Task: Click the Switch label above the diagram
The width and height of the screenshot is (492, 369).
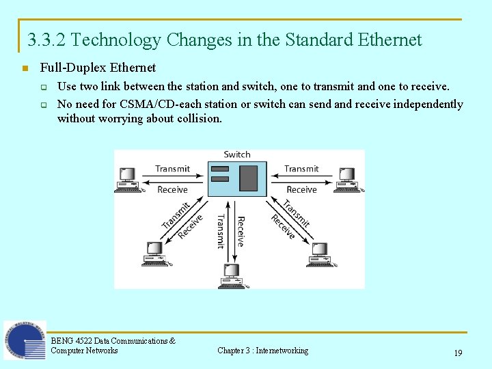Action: (237, 154)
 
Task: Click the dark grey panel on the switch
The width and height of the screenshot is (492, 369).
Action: (249, 178)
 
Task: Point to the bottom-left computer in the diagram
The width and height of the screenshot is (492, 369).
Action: (155, 254)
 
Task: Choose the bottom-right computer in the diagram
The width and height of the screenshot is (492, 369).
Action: (320, 254)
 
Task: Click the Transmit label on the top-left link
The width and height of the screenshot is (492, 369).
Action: (172, 169)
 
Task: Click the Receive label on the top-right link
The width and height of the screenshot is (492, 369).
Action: (301, 189)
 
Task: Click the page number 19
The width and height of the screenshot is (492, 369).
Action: (458, 353)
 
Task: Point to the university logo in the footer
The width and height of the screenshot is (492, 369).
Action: (25, 340)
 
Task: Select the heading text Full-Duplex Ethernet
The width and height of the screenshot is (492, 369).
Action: (98, 68)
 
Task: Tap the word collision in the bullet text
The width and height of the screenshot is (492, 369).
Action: (198, 118)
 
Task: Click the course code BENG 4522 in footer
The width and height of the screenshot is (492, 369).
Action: (71, 340)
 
